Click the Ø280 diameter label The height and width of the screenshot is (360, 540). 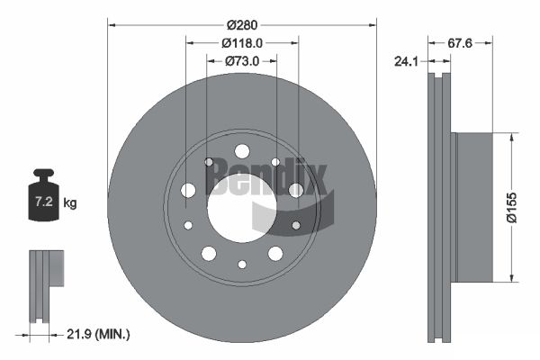[x=242, y=25]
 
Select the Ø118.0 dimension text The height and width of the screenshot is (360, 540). [x=242, y=43]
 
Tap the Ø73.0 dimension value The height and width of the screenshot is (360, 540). [x=242, y=61]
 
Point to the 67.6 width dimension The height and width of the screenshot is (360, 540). [x=460, y=43]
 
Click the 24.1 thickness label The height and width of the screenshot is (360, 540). [x=407, y=62]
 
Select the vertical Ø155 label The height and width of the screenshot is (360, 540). [x=512, y=208]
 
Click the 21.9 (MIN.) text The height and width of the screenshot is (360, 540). [x=98, y=334]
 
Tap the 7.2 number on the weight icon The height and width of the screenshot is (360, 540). [x=44, y=202]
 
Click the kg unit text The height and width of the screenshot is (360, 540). [x=70, y=203]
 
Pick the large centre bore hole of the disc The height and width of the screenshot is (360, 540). [x=242, y=208]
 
